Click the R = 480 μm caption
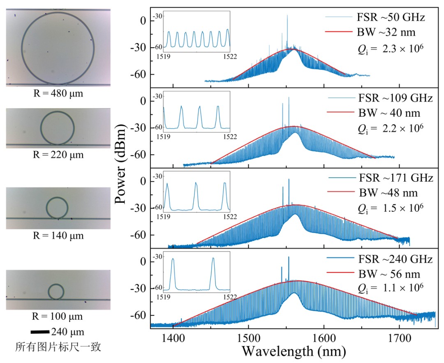(58, 94)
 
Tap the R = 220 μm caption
(58, 155)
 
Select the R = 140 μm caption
(58, 236)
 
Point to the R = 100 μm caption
(58, 317)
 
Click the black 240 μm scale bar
(40, 332)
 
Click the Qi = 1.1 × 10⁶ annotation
(390, 287)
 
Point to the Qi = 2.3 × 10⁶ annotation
(390, 49)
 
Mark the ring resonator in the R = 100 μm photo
(56, 291)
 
